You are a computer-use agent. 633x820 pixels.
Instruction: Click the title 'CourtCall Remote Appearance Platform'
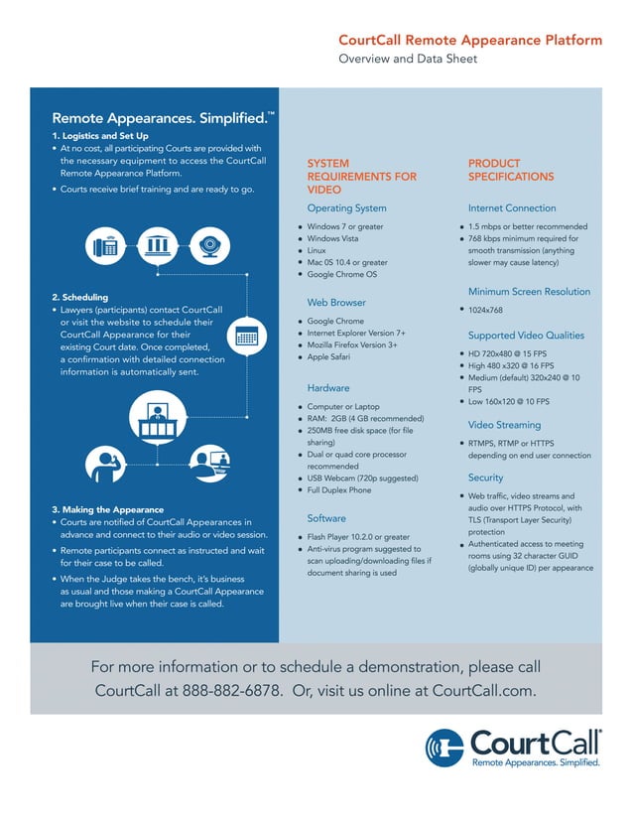(x=469, y=41)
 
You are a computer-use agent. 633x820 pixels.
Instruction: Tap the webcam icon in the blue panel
(x=209, y=243)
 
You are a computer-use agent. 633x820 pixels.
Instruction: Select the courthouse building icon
(x=156, y=243)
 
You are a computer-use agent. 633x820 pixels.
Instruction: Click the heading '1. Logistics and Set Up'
(x=100, y=135)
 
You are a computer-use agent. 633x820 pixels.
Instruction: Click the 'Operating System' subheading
(x=346, y=208)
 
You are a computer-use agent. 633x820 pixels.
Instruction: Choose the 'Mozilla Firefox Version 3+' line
(x=351, y=344)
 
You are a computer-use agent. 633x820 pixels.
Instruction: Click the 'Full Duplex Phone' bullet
(x=339, y=490)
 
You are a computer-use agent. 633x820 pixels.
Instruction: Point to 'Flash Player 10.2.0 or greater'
(x=357, y=537)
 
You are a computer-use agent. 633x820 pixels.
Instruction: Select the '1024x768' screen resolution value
(x=487, y=311)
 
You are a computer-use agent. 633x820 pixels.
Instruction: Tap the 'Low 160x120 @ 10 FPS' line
(x=508, y=402)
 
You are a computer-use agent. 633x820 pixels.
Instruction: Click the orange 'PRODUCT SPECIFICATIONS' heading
(x=510, y=170)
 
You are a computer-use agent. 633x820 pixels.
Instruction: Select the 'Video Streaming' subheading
(x=506, y=425)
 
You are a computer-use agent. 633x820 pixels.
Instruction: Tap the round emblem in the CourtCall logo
(x=444, y=749)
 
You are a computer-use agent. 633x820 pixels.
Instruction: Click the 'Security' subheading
(x=485, y=478)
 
